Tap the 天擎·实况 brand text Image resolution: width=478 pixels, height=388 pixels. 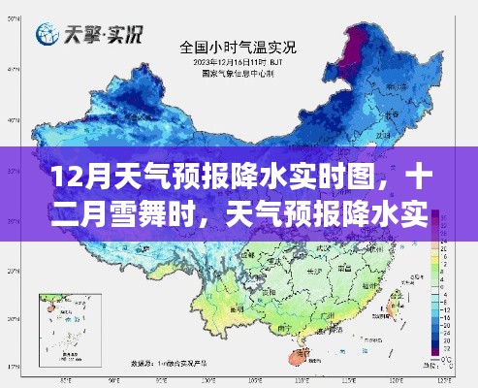(x=103, y=36)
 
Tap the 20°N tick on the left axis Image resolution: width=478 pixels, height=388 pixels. (x=12, y=320)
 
